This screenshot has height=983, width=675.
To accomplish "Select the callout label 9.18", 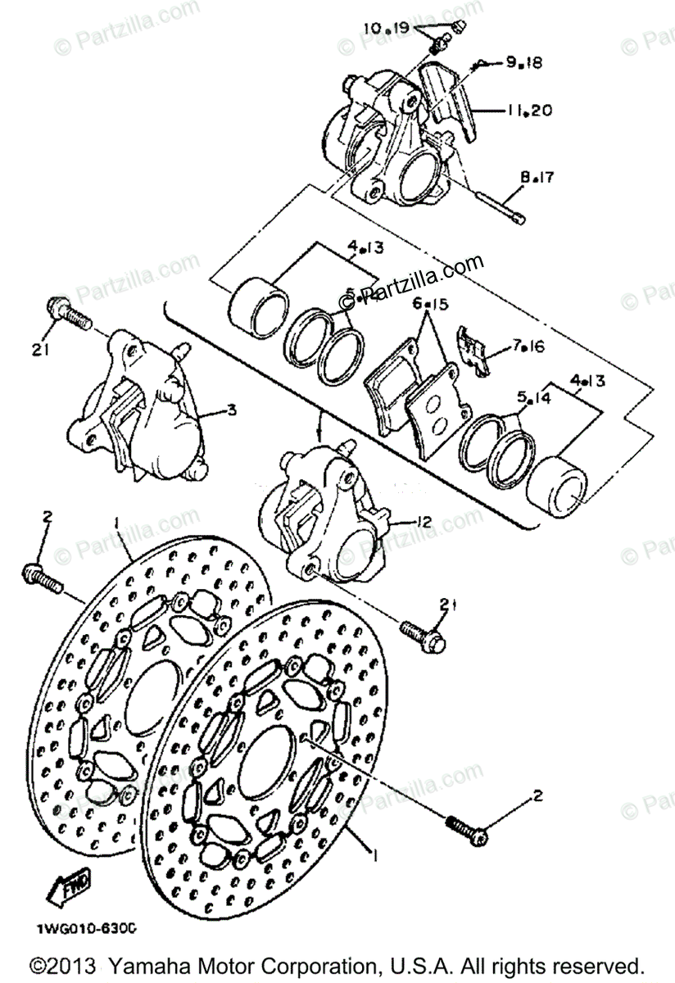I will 523,62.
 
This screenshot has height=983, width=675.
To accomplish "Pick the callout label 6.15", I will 431,304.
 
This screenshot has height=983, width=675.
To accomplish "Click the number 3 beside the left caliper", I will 233,410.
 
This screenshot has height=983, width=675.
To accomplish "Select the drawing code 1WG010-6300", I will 85,929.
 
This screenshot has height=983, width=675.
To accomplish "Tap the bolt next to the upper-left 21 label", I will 67,313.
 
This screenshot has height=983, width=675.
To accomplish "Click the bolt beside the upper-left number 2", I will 46,577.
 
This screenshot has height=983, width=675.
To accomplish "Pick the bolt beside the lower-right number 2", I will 468,828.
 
